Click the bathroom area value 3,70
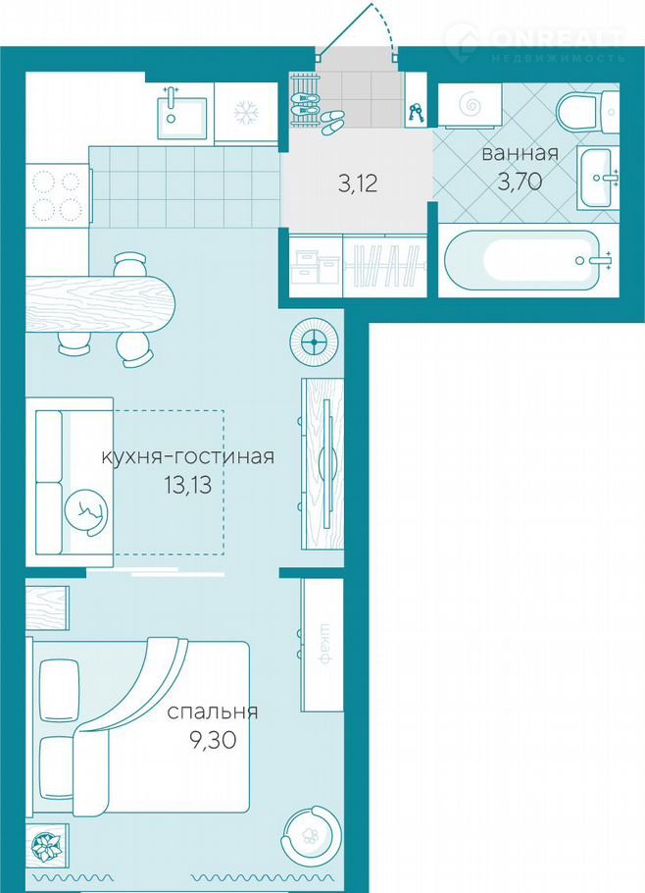coord(520,182)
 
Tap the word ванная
coord(520,153)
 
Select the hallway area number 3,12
coord(358,184)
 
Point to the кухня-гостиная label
coord(187,456)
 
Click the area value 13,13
coord(187,485)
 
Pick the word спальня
coord(212,711)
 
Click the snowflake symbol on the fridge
coord(246,112)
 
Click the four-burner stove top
coord(56,196)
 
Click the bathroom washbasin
coord(597,177)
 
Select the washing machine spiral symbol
coord(471,103)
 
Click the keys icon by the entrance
coord(416,113)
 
